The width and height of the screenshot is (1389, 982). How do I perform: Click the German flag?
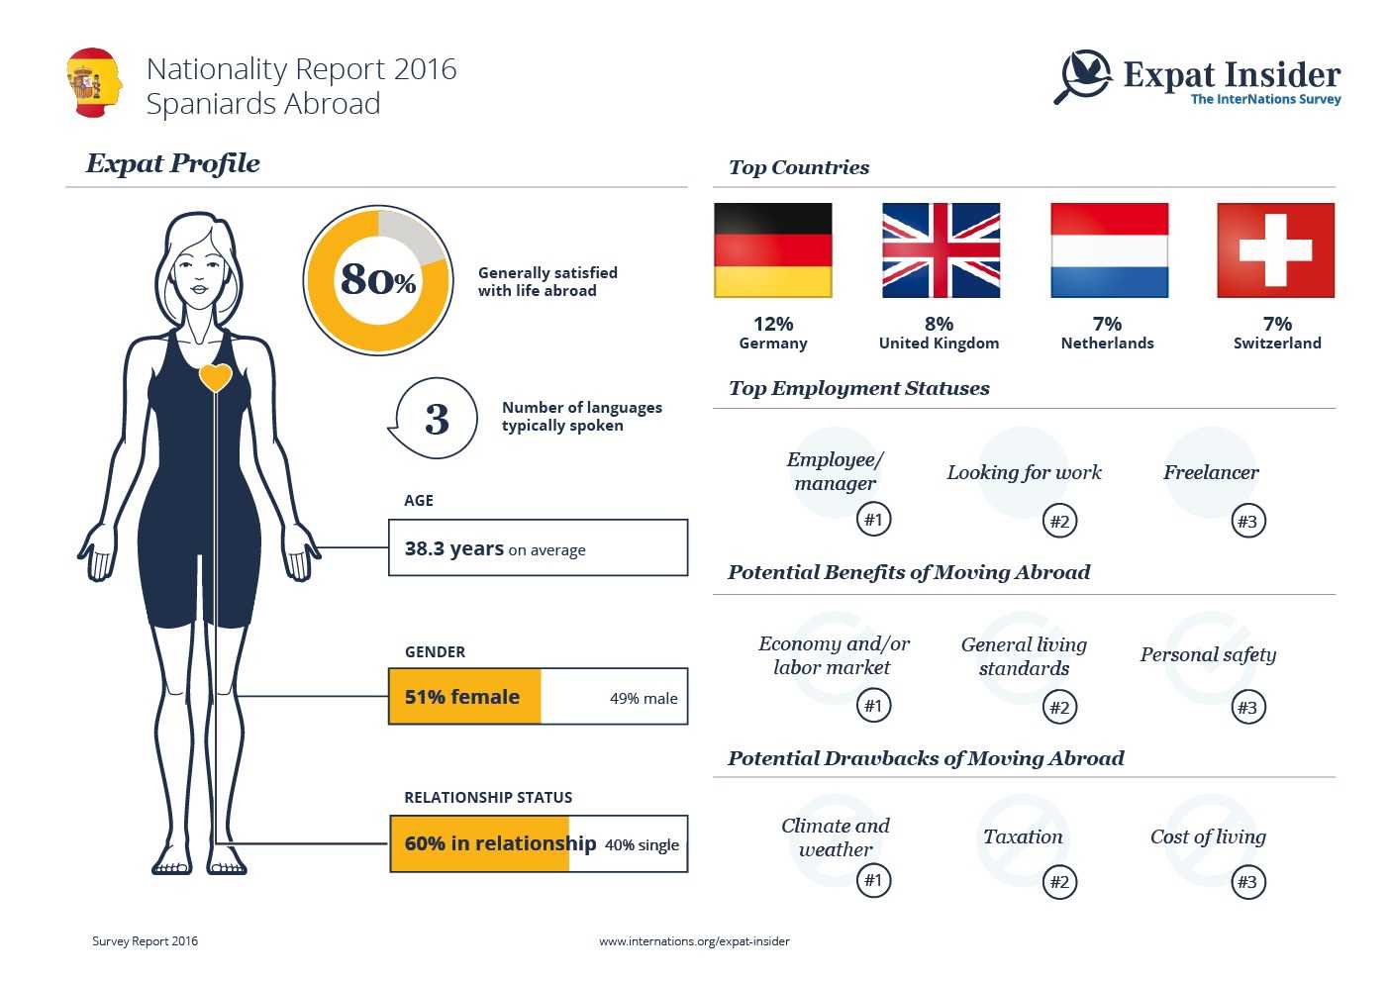[772, 250]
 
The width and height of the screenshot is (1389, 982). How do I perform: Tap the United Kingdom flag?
[941, 250]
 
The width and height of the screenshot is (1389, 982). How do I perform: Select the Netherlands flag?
[1109, 250]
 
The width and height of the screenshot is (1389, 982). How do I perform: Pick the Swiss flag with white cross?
[1275, 250]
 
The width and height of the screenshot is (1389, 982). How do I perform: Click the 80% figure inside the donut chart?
[378, 280]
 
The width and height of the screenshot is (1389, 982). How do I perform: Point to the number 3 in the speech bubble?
[437, 419]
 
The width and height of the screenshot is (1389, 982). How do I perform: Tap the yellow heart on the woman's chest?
[216, 377]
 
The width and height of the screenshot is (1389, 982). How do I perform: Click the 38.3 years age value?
[454, 548]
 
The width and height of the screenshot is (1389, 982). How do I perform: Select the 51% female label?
[462, 697]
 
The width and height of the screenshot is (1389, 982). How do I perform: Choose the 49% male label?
[644, 698]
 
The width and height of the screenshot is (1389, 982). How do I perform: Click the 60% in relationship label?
[500, 843]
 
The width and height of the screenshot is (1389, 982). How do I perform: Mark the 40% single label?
[642, 845]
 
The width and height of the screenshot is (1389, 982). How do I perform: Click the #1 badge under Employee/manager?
[873, 519]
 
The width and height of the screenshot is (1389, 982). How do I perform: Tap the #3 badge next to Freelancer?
[1247, 521]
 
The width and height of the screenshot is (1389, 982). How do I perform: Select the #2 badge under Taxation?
[1059, 881]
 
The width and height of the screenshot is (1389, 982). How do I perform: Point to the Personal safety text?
[1208, 654]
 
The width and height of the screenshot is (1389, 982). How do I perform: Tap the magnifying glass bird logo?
[1084, 76]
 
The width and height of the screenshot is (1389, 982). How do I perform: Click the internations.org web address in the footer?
[694, 941]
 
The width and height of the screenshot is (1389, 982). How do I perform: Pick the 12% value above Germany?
[773, 324]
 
